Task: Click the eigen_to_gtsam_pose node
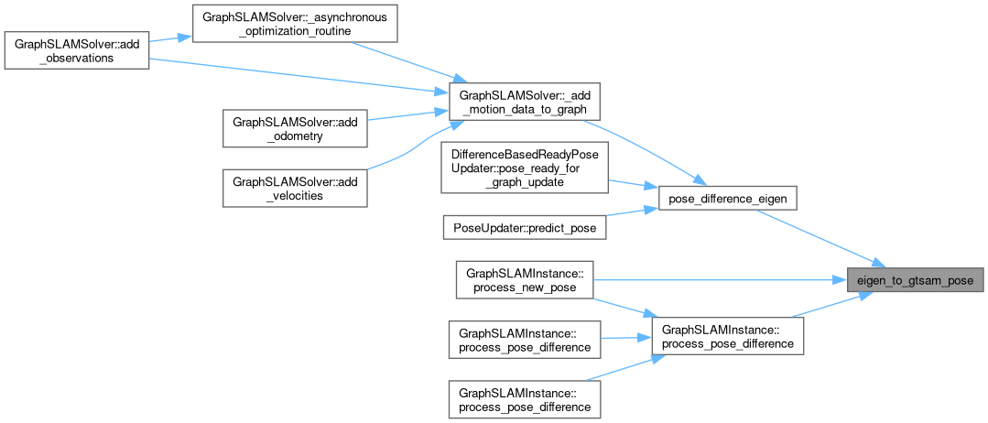(x=915, y=280)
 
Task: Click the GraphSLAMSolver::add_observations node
(x=76, y=49)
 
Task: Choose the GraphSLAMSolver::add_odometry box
(x=296, y=128)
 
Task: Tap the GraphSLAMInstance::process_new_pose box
(x=525, y=280)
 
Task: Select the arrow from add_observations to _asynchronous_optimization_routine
(x=169, y=38)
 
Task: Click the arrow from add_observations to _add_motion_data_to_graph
(x=293, y=75)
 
